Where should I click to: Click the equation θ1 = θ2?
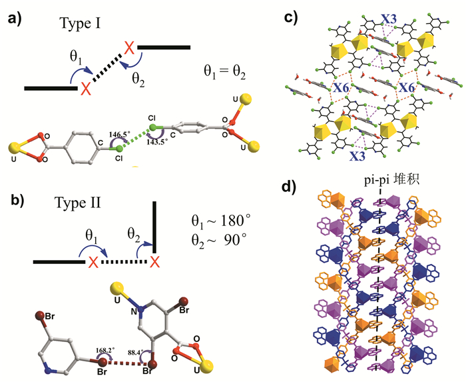point(228,70)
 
